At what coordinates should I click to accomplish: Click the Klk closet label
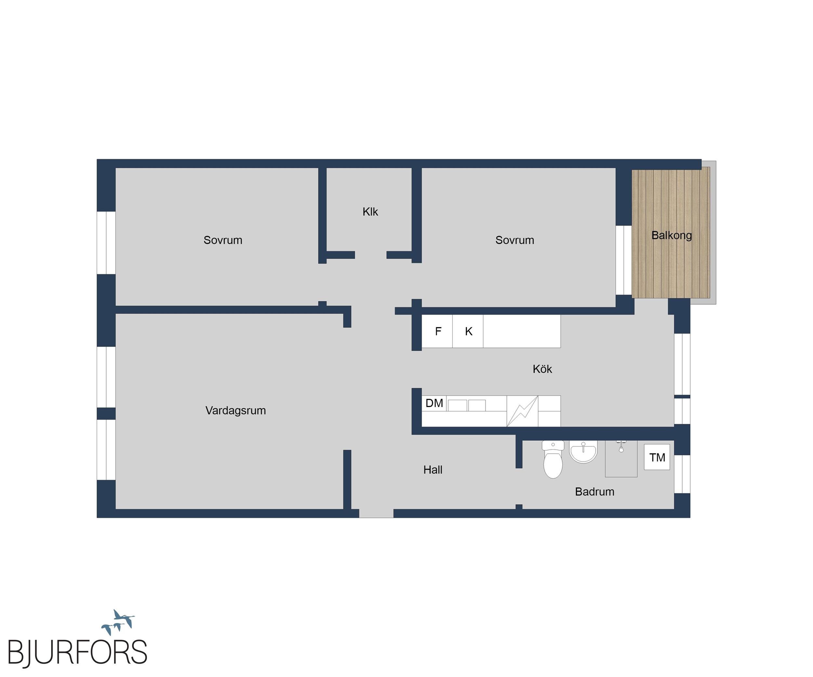click(370, 212)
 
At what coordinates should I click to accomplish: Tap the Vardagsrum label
click(235, 410)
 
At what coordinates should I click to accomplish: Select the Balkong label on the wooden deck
click(671, 235)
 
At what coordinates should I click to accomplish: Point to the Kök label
click(542, 369)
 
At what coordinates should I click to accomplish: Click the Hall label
click(433, 470)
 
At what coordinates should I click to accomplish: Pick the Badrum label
click(595, 492)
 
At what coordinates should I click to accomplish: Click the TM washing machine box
click(657, 457)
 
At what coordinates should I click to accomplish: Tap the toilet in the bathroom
click(553, 459)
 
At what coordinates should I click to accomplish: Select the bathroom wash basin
click(583, 452)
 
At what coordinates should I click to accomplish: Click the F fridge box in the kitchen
click(437, 331)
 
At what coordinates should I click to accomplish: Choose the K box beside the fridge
click(468, 331)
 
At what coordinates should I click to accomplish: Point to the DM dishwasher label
click(434, 403)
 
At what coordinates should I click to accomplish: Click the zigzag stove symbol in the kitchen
click(522, 411)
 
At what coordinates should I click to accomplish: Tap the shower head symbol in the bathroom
click(621, 446)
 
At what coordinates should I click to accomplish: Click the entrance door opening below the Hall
click(376, 514)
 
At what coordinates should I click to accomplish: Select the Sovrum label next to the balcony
click(514, 240)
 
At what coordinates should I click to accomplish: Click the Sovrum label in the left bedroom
click(223, 240)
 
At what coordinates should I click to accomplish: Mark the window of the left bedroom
click(106, 243)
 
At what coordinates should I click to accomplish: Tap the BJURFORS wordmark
click(77, 653)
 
